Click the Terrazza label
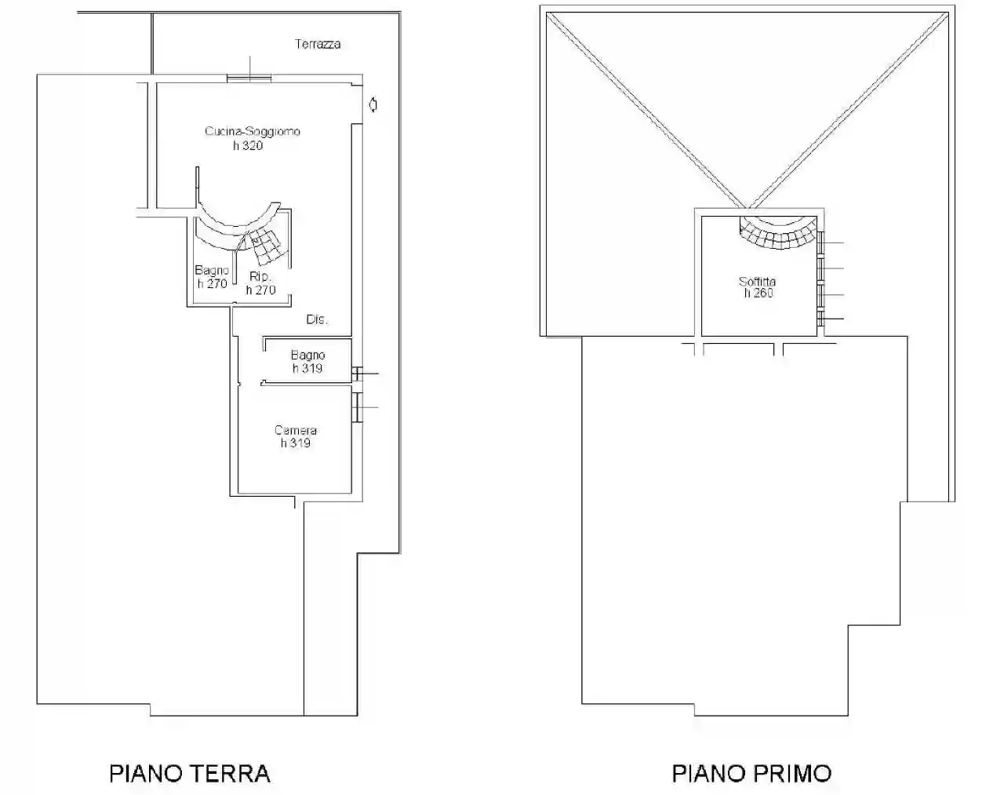click(x=318, y=45)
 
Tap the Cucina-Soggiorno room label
click(x=252, y=131)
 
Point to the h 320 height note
click(x=248, y=145)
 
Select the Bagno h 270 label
click(x=212, y=277)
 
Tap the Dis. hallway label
click(x=317, y=319)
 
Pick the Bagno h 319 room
click(x=307, y=362)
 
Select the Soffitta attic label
click(x=757, y=281)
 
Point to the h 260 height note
click(x=758, y=294)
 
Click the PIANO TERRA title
click(x=190, y=773)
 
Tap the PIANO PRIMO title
click(x=751, y=773)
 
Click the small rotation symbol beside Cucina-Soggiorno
click(x=373, y=104)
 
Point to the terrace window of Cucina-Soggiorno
click(x=249, y=77)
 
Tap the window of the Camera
click(x=357, y=407)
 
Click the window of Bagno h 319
click(x=357, y=375)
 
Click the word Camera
click(x=296, y=430)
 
